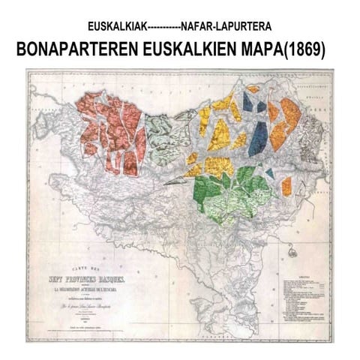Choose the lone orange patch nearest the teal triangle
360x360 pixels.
286,184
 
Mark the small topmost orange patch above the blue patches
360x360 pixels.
253,89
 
